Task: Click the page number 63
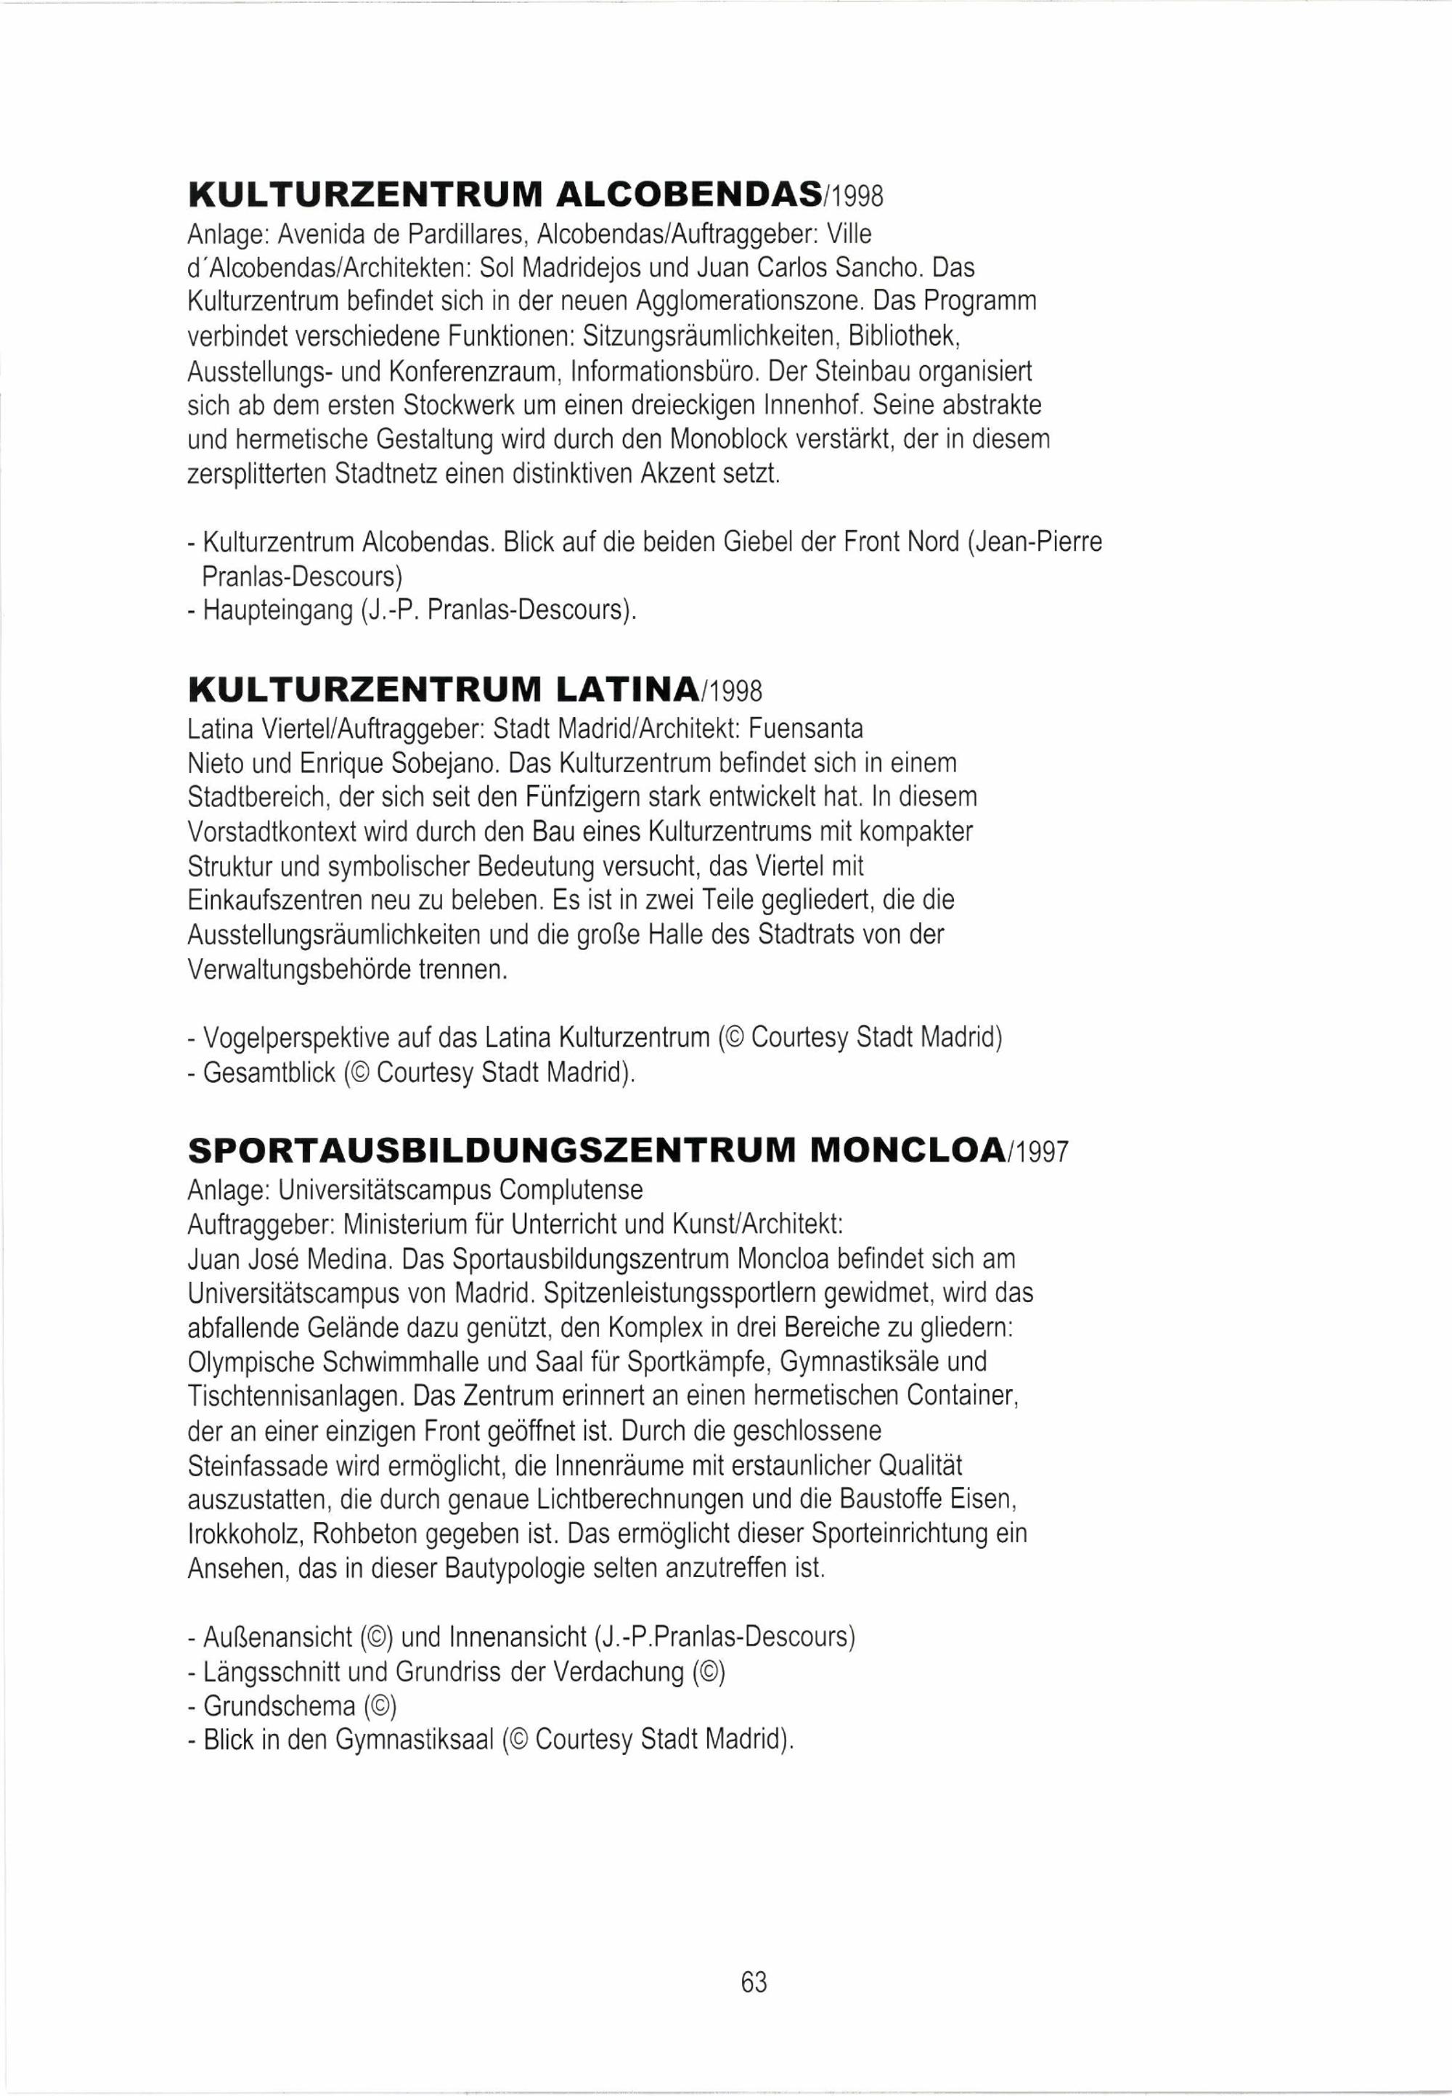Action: pyautogui.click(x=754, y=1982)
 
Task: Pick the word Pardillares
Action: pyautogui.click(x=465, y=236)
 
